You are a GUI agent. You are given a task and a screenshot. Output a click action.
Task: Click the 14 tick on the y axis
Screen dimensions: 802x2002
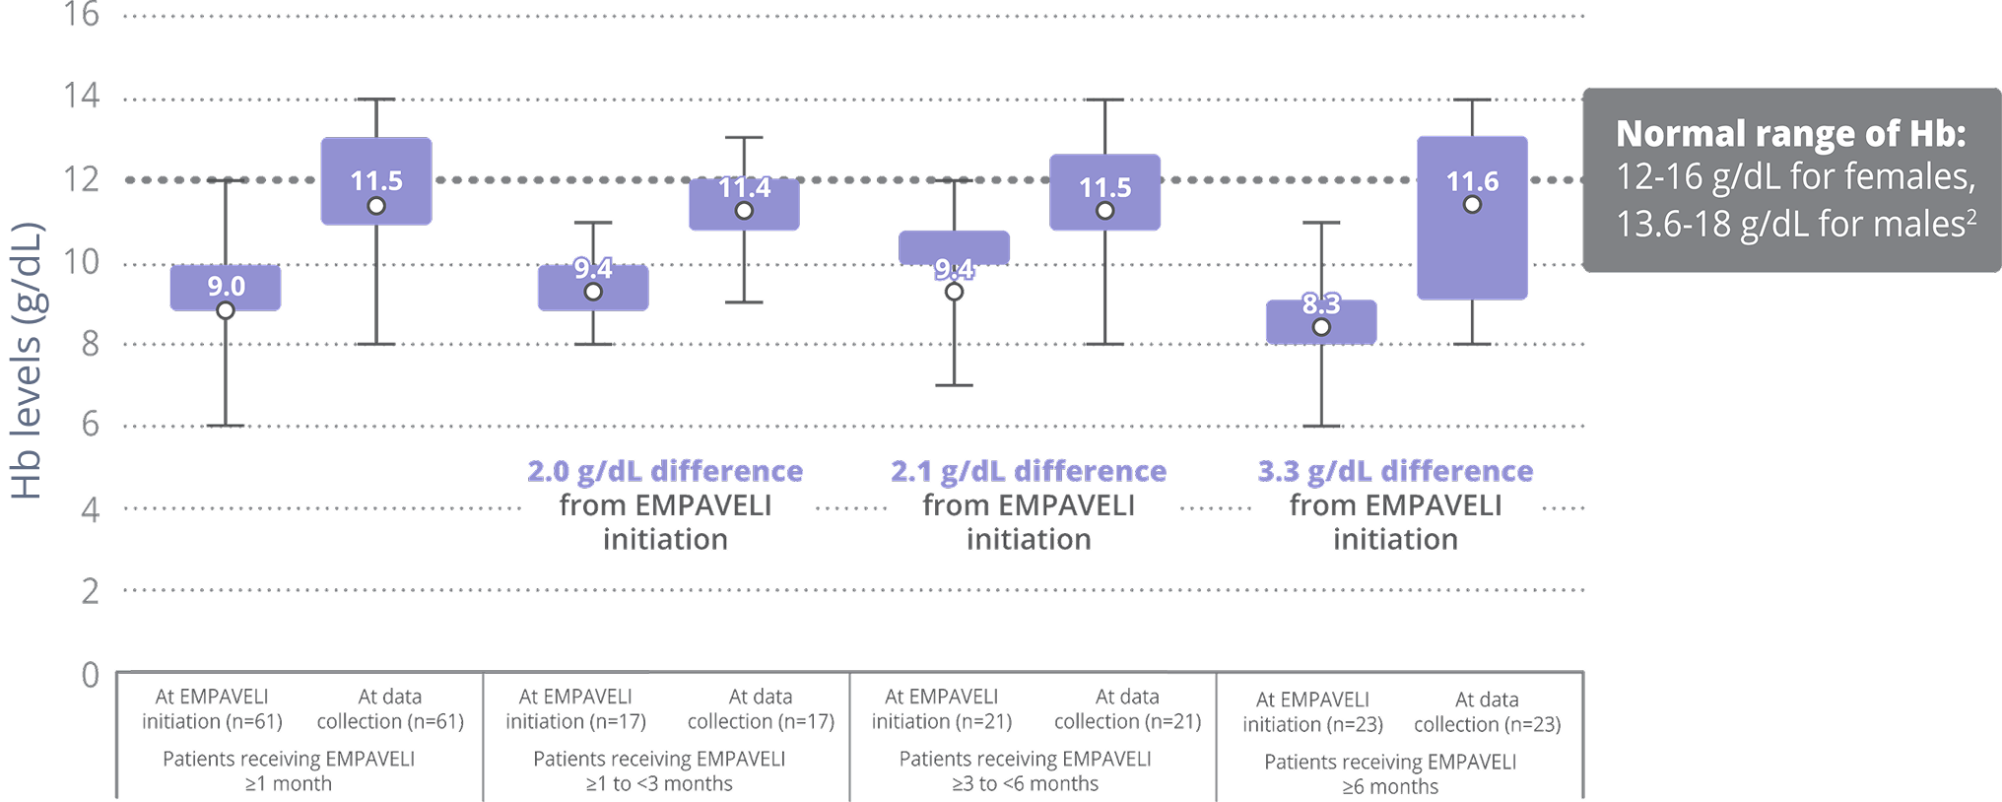[x=82, y=97]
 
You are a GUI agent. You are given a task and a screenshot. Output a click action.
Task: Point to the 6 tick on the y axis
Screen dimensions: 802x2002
[x=90, y=426]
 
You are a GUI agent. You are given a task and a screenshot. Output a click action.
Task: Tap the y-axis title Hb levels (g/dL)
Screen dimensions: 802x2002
[x=27, y=361]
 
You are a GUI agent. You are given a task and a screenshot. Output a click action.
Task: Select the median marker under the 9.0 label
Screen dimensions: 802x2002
[x=226, y=310]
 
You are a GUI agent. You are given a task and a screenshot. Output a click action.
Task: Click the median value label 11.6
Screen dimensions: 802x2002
[x=1472, y=181]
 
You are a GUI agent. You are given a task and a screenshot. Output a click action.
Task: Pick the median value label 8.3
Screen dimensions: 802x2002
[x=1321, y=303]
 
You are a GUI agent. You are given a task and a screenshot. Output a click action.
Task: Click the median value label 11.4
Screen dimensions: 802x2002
[x=744, y=187]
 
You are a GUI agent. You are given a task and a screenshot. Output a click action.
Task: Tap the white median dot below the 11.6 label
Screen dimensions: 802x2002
[x=1472, y=205]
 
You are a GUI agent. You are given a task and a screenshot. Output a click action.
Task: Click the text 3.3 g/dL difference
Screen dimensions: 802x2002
[x=1395, y=471]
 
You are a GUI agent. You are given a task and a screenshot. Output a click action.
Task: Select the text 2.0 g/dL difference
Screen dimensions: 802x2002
[x=665, y=471]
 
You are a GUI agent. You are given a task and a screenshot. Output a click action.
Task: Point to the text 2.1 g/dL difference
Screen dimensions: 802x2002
[x=1029, y=471]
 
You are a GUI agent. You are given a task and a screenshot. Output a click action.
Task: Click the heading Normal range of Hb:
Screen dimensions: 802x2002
[x=1790, y=133]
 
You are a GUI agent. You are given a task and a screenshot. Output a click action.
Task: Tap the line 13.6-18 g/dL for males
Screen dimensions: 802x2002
[x=1795, y=224]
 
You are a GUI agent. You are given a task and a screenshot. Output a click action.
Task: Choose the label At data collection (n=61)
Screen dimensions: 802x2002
[x=390, y=709]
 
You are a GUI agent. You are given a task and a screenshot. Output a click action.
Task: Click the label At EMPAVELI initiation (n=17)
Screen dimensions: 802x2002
[x=575, y=709]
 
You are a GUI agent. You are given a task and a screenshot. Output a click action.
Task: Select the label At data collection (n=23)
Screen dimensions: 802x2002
[x=1487, y=712]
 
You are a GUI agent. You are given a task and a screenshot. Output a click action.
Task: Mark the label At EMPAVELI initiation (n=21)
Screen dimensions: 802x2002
[x=941, y=709]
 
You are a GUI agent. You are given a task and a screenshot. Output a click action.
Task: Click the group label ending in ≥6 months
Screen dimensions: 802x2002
[x=1390, y=774]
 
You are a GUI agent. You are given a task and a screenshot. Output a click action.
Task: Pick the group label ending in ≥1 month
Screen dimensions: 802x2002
[x=288, y=771]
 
